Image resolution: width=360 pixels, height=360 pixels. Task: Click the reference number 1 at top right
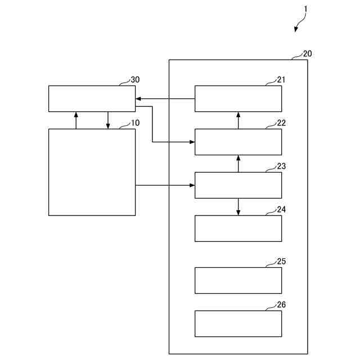coord(306,9)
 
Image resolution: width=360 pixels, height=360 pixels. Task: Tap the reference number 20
coord(308,54)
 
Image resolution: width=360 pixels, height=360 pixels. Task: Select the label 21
coord(281,80)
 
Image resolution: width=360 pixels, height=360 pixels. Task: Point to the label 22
coord(281,123)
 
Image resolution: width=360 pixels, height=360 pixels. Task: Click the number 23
coord(281,166)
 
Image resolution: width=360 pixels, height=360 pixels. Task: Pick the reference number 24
coord(281,209)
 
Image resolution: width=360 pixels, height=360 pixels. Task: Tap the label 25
coord(281,262)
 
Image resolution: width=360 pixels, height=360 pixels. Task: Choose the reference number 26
coord(281,305)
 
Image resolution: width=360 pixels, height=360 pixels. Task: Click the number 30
coord(135,80)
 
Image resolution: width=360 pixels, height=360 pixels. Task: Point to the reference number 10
coord(135,123)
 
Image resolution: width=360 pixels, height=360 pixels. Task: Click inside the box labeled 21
coord(238,99)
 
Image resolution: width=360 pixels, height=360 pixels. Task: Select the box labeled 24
coord(238,228)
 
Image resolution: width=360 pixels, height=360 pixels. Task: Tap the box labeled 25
coord(238,280)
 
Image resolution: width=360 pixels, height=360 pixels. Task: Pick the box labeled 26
coord(238,323)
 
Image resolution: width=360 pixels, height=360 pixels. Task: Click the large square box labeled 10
coord(92,172)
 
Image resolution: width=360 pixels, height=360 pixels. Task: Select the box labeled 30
coord(92,99)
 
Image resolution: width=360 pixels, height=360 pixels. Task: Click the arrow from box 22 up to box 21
coord(238,120)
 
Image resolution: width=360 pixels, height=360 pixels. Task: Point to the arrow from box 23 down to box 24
coord(238,206)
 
